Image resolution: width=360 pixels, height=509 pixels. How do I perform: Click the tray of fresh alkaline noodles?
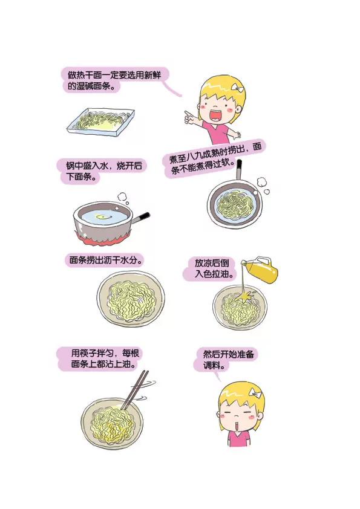click(100, 121)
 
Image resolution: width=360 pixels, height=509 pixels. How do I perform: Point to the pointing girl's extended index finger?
click(184, 112)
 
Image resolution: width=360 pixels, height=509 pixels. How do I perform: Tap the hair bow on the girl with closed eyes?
click(259, 394)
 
